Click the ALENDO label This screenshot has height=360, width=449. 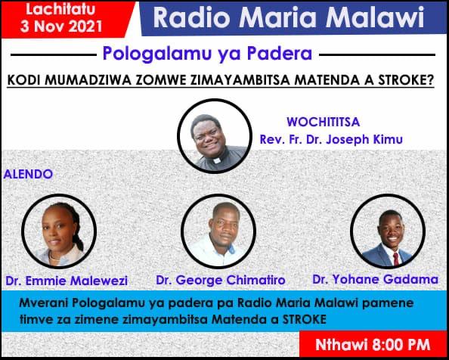pyautogui.click(x=28, y=174)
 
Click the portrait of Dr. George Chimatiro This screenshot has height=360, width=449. pyautogui.click(x=219, y=226)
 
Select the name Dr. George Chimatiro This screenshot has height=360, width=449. pyautogui.click(x=221, y=281)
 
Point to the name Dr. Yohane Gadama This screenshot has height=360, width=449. pyautogui.click(x=375, y=280)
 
